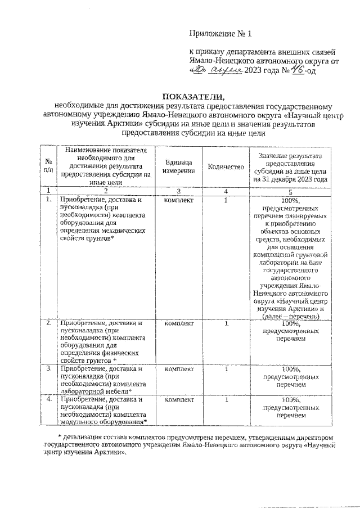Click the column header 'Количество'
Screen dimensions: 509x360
click(225, 166)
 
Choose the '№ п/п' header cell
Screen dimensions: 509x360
click(49, 166)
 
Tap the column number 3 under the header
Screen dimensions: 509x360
click(179, 191)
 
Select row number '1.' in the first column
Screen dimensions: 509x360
click(49, 199)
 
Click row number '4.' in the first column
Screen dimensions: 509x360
click(49, 399)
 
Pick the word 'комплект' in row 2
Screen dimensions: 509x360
click(179, 323)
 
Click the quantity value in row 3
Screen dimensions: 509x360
click(225, 369)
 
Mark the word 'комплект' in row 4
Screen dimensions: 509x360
click(179, 399)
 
